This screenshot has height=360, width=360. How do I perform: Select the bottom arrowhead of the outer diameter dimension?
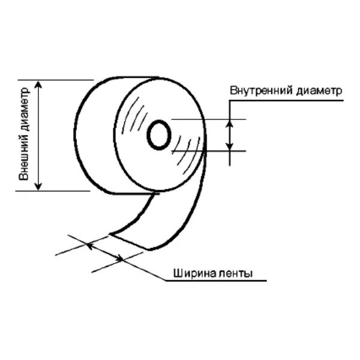coord(40,187)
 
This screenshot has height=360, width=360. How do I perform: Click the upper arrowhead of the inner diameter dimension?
coord(229,122)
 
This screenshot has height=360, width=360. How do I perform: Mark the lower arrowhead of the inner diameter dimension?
coord(229,146)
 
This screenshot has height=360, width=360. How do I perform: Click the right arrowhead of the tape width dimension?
coord(122,259)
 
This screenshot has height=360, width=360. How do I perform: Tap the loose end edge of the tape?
coord(129,240)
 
